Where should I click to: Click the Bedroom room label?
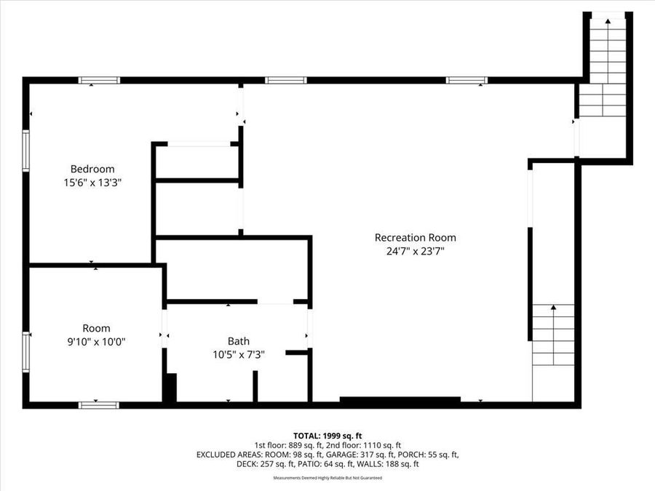[92, 169]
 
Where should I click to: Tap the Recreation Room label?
[415, 237]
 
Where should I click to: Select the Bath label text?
[238, 340]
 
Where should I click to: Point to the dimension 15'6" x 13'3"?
[92, 183]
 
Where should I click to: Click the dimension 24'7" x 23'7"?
[415, 252]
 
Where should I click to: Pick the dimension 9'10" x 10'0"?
[96, 342]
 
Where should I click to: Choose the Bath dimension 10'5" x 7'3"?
[238, 355]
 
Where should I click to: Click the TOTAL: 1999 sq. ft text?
[327, 435]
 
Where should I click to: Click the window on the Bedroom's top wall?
[99, 80]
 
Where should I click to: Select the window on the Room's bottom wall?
[98, 404]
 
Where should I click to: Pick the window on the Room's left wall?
[26, 352]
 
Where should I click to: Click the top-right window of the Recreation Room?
[467, 80]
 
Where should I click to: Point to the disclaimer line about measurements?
[327, 478]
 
